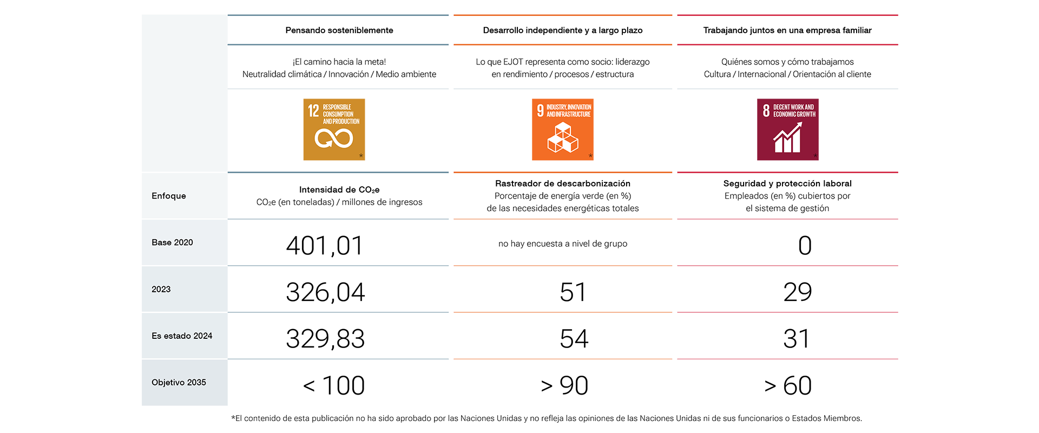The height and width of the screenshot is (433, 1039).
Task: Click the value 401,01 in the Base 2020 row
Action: (325, 246)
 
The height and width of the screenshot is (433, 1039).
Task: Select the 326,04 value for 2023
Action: (325, 292)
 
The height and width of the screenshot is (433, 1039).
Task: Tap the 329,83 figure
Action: (325, 339)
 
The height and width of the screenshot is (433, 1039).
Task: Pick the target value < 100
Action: (334, 385)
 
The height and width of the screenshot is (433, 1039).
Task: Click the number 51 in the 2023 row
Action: (573, 292)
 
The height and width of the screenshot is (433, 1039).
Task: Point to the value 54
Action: (574, 339)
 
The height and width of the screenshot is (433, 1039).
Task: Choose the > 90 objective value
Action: (564, 385)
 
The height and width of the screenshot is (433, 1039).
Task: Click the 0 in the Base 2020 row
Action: (805, 246)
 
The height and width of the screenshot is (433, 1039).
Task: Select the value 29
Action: (798, 292)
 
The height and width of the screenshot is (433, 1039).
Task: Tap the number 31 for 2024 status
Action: (797, 339)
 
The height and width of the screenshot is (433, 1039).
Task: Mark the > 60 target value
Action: (788, 385)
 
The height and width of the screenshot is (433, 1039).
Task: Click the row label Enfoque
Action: (169, 196)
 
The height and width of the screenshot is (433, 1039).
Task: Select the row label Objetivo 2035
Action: (179, 382)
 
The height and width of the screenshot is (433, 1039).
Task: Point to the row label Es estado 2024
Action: (182, 336)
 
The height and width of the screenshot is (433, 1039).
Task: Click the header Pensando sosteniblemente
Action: (339, 30)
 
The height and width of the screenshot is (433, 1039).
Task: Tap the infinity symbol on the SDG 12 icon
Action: (334, 139)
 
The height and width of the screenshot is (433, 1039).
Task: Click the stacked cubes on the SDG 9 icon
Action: (563, 137)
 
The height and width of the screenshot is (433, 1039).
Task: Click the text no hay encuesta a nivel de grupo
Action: (563, 244)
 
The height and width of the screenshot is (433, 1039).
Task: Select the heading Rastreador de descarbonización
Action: (563, 183)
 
